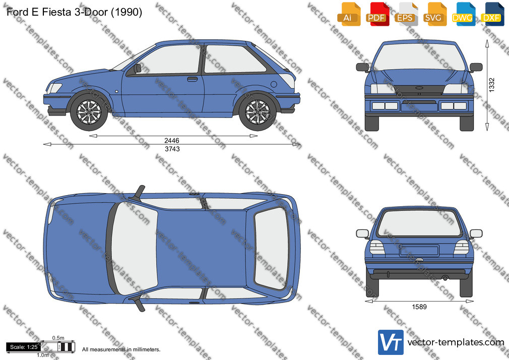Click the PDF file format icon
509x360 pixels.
pyautogui.click(x=378, y=14)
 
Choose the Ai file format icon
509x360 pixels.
pyautogui.click(x=349, y=14)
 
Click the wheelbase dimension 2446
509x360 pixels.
pyautogui.click(x=172, y=140)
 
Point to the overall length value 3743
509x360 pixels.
pyautogui.click(x=172, y=149)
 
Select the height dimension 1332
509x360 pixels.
pyautogui.click(x=492, y=85)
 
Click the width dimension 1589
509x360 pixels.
pyautogui.click(x=419, y=307)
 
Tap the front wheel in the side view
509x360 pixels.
pyautogui.click(x=89, y=112)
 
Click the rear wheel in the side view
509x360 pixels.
pyautogui.click(x=258, y=112)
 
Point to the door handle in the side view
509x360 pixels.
pyautogui.click(x=192, y=79)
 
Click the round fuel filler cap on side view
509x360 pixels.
pyautogui.click(x=274, y=85)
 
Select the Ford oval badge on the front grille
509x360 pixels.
pyautogui.click(x=419, y=88)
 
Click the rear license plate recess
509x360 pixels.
pyautogui.click(x=419, y=251)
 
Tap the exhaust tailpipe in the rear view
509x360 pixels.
pyautogui.click(x=446, y=278)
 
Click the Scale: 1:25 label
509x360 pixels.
pyautogui.click(x=24, y=347)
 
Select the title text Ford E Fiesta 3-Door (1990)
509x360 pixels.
pyautogui.click(x=75, y=12)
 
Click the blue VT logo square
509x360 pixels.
pyautogui.click(x=391, y=342)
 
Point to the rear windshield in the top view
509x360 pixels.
pyautogui.click(x=271, y=249)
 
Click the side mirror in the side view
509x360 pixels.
pyautogui.click(x=138, y=68)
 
